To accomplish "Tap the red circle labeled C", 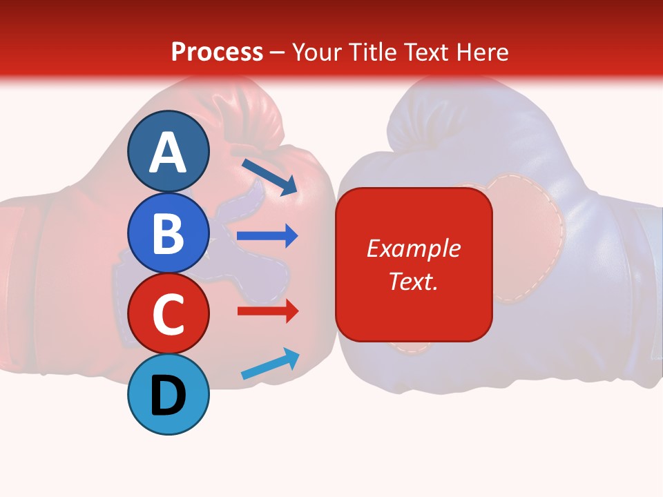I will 169,314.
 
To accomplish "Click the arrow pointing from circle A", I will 269,176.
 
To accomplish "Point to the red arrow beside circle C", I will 267,311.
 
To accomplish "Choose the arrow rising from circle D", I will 270,364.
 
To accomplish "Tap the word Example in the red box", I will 413,248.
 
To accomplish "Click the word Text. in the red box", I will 413,282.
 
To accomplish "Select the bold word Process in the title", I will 217,52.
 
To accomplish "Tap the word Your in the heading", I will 318,52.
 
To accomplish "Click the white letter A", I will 169,153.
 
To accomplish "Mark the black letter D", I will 169,396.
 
